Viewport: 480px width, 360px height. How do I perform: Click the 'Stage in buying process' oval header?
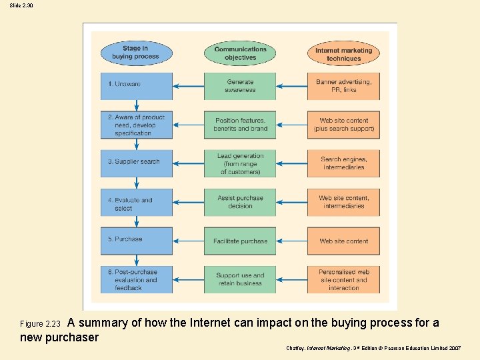tap(136, 53)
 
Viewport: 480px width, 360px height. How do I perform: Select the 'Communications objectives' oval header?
tap(240, 53)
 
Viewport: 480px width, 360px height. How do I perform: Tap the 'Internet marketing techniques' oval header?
tap(344, 54)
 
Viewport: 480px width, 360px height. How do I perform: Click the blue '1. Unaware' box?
tap(137, 85)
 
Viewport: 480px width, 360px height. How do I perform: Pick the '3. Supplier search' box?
tap(137, 163)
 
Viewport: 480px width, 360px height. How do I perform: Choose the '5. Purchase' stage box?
tap(137, 241)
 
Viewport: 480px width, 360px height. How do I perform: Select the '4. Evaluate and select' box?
tap(137, 202)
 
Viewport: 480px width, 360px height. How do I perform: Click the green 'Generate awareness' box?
tap(240, 86)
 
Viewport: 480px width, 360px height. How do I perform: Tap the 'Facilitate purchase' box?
tap(240, 241)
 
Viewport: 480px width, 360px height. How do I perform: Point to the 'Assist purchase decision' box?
tap(240, 202)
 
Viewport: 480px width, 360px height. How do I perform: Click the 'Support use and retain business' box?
tap(240, 279)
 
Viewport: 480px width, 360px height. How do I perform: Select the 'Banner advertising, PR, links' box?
tap(344, 86)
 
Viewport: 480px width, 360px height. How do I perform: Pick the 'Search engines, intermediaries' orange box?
tap(344, 163)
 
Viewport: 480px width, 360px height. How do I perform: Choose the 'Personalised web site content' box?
tap(344, 280)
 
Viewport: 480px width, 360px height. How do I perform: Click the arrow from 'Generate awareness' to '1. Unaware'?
tap(189, 86)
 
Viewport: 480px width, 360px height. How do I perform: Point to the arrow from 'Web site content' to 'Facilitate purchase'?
tap(291, 241)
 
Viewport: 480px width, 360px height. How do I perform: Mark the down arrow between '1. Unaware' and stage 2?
tap(137, 105)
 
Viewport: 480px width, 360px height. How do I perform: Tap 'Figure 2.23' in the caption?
tap(41, 325)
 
